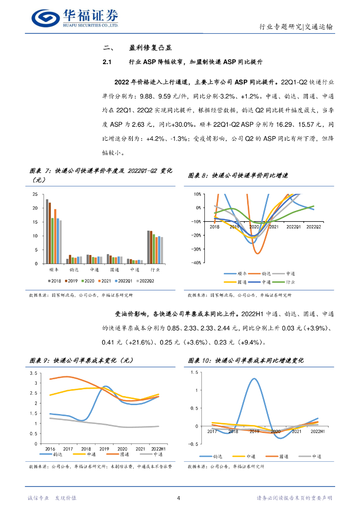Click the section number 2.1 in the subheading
[x=108, y=62]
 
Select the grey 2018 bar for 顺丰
[x=47, y=231]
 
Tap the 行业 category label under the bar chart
[x=155, y=269]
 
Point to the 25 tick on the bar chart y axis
[x=35, y=194]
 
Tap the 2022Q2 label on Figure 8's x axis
[x=313, y=227]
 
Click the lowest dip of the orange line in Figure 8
[x=258, y=254]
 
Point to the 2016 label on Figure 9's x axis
[x=50, y=448]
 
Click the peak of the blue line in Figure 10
[x=254, y=379]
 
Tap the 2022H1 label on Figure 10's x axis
[x=317, y=431]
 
